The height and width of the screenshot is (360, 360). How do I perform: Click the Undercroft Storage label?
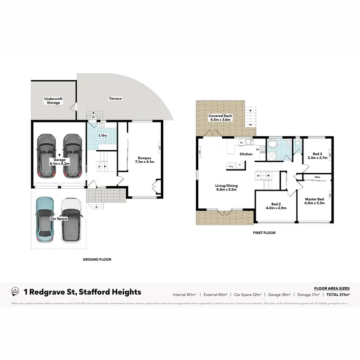(53, 100)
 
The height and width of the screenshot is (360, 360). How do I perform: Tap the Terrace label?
(115, 98)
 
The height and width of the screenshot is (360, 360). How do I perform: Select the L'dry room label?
(103, 135)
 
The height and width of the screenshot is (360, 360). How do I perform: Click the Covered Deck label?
(220, 118)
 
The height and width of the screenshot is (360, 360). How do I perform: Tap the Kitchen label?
(246, 154)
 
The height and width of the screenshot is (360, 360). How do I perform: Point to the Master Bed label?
(314, 200)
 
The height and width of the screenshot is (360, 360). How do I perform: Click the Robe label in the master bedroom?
(317, 177)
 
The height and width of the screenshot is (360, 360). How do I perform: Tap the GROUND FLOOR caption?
(97, 259)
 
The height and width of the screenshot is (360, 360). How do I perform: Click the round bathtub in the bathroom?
(273, 143)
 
